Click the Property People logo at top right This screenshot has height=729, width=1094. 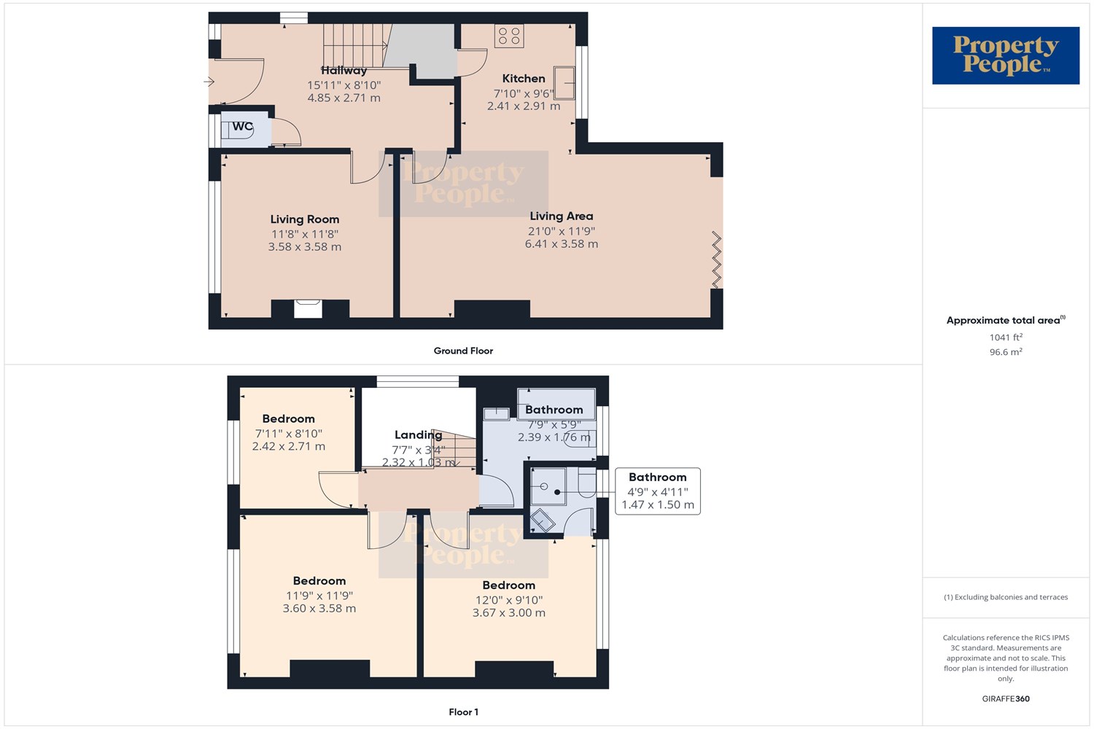(x=1005, y=55)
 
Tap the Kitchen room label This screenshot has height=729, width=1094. (x=523, y=79)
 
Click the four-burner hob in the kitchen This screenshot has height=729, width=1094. (x=509, y=36)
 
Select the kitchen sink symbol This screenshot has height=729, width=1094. (x=564, y=82)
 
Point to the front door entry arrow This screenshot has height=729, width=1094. (x=209, y=82)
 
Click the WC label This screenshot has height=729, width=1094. (x=242, y=127)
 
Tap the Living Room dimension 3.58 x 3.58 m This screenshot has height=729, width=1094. (x=304, y=247)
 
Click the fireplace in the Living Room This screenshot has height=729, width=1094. (x=308, y=309)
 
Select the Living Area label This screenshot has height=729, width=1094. (x=561, y=217)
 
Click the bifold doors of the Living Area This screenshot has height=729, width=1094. (x=716, y=260)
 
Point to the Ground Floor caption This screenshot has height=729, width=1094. (x=463, y=351)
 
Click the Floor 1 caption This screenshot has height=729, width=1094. (x=463, y=712)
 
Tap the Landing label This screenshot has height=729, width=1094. (x=418, y=435)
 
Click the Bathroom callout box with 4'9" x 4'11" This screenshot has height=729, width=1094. (x=657, y=491)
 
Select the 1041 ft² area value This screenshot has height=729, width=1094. (x=1005, y=338)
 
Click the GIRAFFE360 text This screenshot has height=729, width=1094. (x=1005, y=699)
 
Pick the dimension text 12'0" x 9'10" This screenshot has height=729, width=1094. (x=508, y=600)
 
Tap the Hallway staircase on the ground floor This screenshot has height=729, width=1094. (x=354, y=45)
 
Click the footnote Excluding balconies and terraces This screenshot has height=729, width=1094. (x=1005, y=597)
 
